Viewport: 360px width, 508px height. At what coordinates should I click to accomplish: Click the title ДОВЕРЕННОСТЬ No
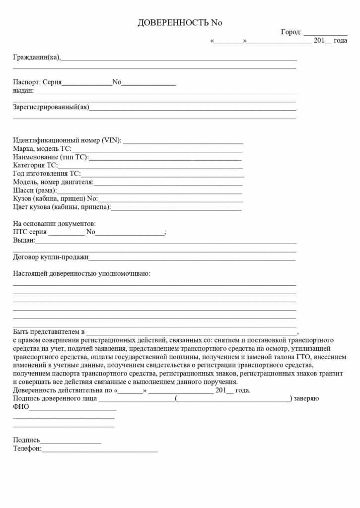180,23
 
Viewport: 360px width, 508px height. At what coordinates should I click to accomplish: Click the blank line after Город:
325,33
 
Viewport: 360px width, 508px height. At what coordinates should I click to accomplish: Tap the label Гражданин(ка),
37,57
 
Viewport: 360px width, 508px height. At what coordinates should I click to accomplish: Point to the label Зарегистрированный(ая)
51,107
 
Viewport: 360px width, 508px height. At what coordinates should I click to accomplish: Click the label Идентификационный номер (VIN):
67,140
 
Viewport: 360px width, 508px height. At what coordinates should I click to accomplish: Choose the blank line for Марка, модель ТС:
157,149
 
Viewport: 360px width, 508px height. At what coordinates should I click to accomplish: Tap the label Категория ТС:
35,165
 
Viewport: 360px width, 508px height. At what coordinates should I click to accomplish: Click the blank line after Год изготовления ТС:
162,174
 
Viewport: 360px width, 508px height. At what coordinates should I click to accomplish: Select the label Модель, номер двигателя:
53,182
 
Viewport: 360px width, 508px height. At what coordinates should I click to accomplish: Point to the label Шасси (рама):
35,190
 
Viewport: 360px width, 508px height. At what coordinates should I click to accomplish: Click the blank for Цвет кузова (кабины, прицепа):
176,207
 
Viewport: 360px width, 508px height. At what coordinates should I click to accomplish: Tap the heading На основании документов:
54,224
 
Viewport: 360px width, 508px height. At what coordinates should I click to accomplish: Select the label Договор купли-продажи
51,257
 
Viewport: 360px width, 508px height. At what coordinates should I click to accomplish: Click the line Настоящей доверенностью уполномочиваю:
81,273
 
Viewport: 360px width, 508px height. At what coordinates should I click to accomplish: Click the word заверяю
306,399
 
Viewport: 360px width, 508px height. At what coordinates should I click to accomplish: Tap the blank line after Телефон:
100,450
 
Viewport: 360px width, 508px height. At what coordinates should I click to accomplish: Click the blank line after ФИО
72,408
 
